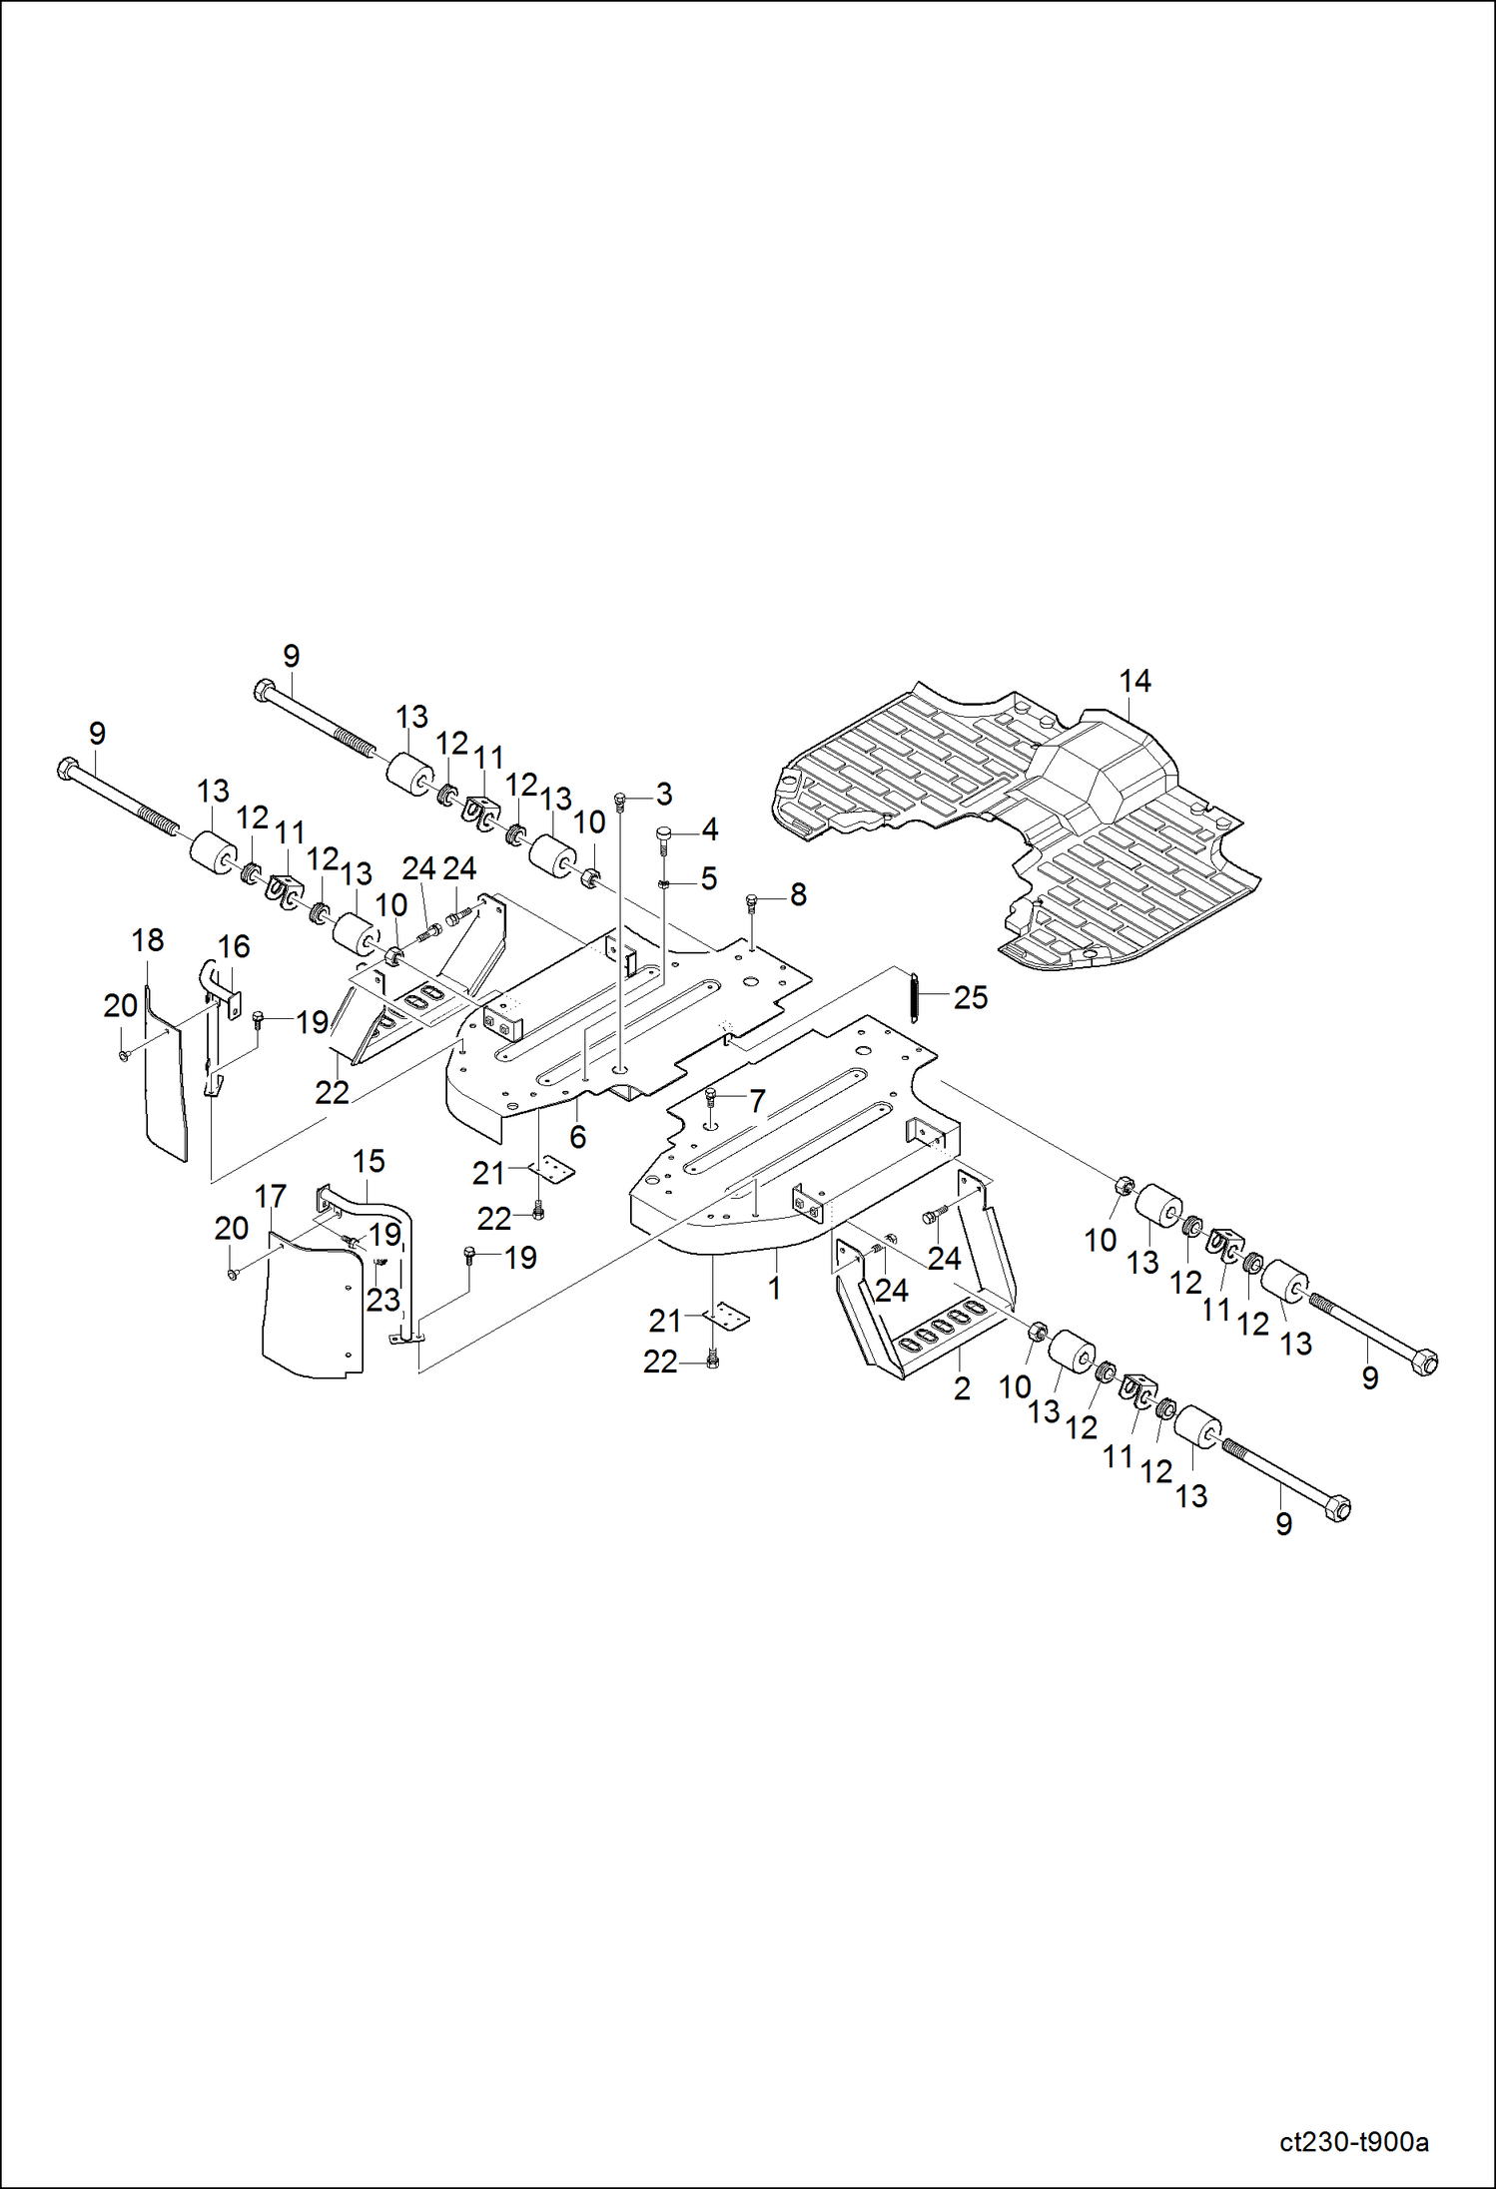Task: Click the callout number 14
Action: coord(1134,682)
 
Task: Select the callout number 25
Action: coord(970,997)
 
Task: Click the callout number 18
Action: coord(148,940)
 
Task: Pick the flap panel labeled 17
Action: coord(310,1308)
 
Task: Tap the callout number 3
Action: coord(664,795)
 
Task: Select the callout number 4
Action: coord(709,829)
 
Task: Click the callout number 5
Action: coord(708,878)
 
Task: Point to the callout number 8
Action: coord(798,895)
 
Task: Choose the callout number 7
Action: coord(757,1101)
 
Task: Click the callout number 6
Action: coord(577,1137)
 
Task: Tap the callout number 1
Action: coord(774,1288)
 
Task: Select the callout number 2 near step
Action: coord(962,1388)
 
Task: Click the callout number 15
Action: coord(369,1161)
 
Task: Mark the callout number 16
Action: coord(234,946)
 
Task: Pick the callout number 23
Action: coord(382,1300)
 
